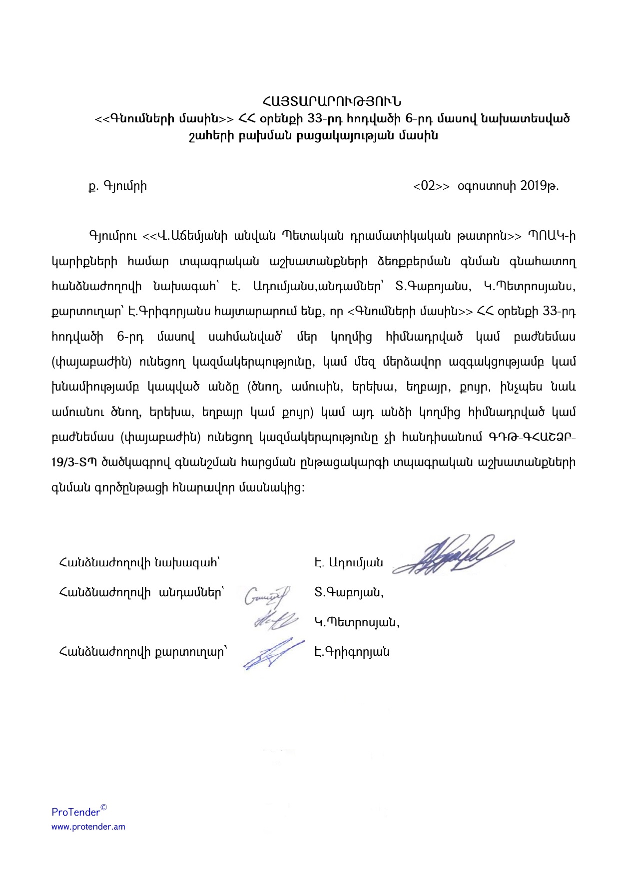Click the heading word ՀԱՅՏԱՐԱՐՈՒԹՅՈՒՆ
tap(331, 103)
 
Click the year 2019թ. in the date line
tap(539, 186)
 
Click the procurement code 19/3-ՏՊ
tap(74, 462)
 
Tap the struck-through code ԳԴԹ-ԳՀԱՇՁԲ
tap(533, 438)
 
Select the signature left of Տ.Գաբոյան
tap(267, 596)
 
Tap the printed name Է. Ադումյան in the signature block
tap(349, 563)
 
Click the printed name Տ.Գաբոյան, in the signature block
tap(349, 593)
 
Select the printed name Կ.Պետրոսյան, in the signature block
tap(357, 623)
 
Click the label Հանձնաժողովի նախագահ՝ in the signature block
tap(140, 563)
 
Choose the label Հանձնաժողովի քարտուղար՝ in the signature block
tap(143, 652)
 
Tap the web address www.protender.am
tap(88, 827)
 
